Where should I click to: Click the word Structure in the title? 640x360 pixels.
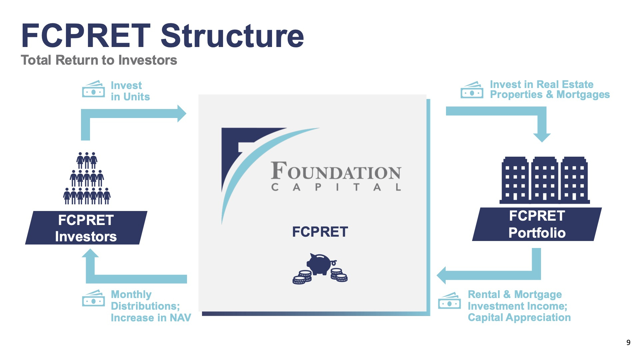(x=232, y=36)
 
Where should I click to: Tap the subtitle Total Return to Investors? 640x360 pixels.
(x=99, y=60)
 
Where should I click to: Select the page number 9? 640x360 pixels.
(x=628, y=342)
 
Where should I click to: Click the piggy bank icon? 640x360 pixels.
(x=320, y=268)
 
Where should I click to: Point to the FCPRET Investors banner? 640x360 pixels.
(x=86, y=228)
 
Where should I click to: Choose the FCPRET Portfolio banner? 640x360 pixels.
(x=537, y=224)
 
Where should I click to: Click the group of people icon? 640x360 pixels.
(x=87, y=178)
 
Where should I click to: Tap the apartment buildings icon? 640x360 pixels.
(x=545, y=180)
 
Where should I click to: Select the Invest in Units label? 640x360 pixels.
(x=130, y=91)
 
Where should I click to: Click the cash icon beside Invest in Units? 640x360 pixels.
(x=93, y=89)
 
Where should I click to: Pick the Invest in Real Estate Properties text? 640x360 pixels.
(x=550, y=89)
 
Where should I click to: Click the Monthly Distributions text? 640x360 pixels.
(x=145, y=300)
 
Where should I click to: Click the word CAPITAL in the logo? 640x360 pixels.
(x=336, y=187)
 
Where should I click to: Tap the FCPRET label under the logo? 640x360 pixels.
(x=320, y=232)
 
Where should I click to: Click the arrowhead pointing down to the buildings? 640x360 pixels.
(x=542, y=138)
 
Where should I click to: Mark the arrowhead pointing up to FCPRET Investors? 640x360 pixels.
(x=90, y=253)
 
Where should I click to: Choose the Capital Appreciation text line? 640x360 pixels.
(x=519, y=318)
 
